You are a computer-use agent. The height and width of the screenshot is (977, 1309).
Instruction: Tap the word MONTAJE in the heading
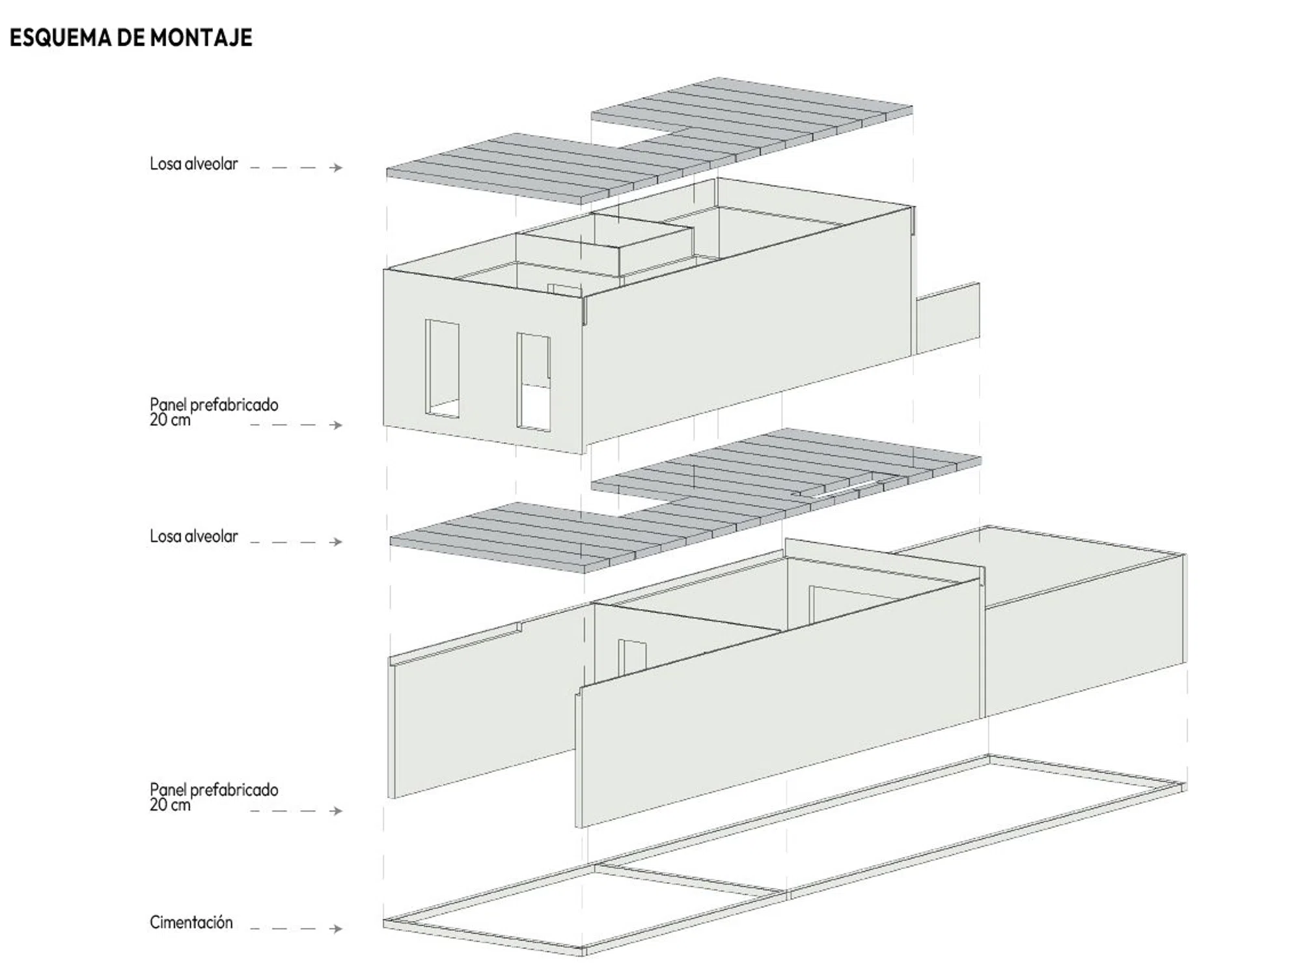pos(201,38)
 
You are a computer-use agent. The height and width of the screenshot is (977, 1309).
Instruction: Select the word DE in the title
pos(131,38)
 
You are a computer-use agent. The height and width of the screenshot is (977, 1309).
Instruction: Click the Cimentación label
pos(191,922)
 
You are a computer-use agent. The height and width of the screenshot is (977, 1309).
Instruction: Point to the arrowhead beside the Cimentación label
pos(337,928)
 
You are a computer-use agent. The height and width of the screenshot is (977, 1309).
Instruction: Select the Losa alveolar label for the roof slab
pos(193,163)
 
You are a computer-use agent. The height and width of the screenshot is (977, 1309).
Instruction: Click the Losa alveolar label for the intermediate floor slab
pos(193,536)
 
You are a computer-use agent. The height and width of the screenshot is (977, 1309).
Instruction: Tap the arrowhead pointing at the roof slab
pos(337,167)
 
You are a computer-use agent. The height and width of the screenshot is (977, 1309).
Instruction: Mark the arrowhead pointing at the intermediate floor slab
pos(337,541)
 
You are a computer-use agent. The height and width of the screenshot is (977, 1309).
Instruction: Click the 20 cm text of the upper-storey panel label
pos(170,420)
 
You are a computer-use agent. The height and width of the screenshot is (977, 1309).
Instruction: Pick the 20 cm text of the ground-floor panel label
pos(170,805)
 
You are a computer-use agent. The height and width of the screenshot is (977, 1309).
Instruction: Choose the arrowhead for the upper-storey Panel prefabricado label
pos(337,425)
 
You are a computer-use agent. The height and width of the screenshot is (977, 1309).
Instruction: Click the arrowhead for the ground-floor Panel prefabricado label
pos(337,811)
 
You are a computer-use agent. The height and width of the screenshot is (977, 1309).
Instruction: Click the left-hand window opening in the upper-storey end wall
pos(442,368)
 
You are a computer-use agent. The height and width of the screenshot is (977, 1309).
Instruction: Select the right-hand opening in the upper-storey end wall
pos(534,382)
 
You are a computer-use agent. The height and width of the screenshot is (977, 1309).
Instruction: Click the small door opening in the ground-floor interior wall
pos(632,658)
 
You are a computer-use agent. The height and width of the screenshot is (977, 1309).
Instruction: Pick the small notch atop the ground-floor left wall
pos(519,627)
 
